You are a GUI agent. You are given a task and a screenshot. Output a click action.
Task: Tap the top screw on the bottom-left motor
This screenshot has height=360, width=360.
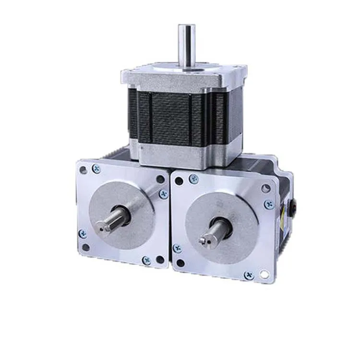[x=97, y=168]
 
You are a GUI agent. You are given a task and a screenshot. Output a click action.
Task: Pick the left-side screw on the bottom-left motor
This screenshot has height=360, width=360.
[x=82, y=234]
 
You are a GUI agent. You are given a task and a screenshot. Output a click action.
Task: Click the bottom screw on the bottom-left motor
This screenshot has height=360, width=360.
[x=146, y=260]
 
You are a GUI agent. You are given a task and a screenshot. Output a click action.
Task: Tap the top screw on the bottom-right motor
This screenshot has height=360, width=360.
[x=193, y=179]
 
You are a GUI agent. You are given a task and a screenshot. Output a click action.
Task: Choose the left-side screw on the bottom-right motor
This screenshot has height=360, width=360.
[x=178, y=248]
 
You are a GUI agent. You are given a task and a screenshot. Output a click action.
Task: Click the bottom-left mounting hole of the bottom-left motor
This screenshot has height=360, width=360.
[x=85, y=248]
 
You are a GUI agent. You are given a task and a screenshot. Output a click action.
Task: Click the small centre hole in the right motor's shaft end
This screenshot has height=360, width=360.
[x=205, y=239]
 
